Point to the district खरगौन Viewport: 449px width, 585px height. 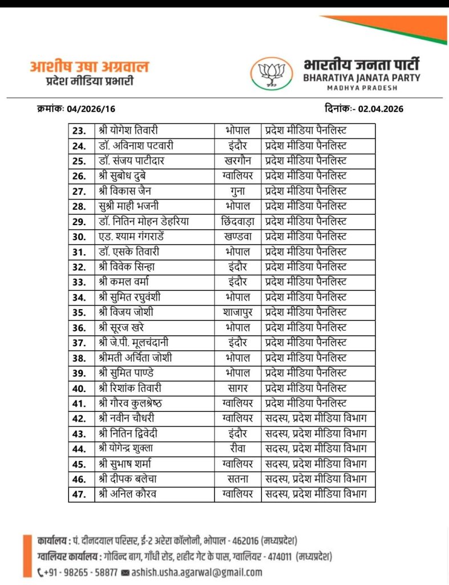237,161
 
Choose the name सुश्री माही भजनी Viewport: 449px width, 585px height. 128,206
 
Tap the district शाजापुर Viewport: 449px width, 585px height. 237,312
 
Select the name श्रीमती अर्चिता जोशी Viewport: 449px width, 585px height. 135,358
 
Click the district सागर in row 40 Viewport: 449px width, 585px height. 237,388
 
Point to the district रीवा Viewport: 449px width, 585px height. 237,448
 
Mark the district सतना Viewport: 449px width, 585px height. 237,479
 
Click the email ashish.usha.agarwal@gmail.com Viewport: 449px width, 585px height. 196,572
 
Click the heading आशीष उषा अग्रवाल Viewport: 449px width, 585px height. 89,67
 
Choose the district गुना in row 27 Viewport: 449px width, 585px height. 237,191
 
